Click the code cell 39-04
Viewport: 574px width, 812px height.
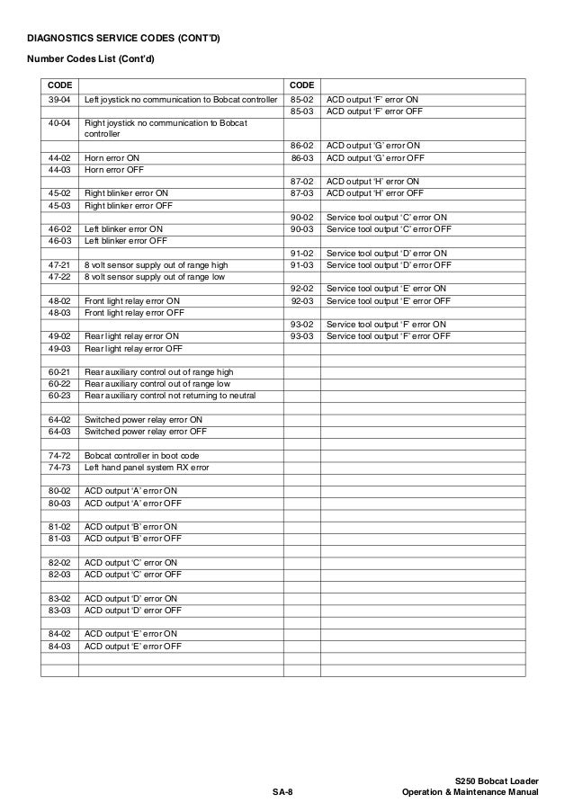(59, 99)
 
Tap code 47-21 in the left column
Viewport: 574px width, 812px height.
(59, 265)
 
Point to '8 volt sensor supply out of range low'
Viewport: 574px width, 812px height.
(156, 277)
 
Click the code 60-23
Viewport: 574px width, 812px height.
(59, 396)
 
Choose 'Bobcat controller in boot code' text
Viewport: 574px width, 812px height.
(142, 455)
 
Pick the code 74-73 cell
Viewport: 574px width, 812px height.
(59, 468)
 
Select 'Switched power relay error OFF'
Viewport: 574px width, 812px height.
(146, 431)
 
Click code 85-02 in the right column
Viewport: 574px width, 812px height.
(301, 99)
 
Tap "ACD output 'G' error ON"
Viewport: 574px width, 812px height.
(373, 145)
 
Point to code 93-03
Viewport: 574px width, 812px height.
(301, 336)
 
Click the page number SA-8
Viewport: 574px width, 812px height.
(284, 792)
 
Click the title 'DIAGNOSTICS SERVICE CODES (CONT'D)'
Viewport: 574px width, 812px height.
(124, 38)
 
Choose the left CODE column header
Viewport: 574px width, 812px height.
(59, 84)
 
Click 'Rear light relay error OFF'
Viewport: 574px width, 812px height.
(133, 349)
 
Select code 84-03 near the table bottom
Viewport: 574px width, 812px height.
(59, 646)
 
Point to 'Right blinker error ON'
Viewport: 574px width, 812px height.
(126, 192)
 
